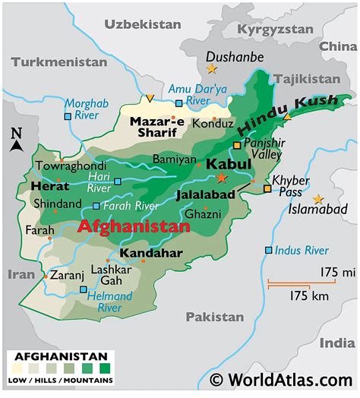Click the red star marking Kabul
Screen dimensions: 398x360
pos(221,177)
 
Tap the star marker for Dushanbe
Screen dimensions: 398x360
pos(210,69)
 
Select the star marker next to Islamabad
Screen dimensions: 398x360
pos(317,198)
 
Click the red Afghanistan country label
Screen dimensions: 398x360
pos(134,226)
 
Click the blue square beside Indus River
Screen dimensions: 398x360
pos(268,250)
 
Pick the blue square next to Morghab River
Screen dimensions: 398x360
pos(68,116)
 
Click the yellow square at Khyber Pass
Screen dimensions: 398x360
pos(267,188)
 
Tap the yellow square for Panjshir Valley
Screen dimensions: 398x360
pos(237,144)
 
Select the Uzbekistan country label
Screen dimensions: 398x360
pos(143,24)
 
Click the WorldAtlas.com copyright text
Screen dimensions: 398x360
pos(282,379)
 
